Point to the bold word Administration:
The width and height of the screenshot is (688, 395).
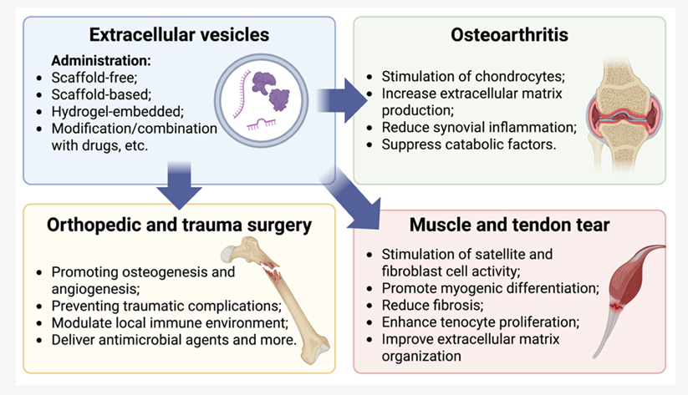click(101, 61)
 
